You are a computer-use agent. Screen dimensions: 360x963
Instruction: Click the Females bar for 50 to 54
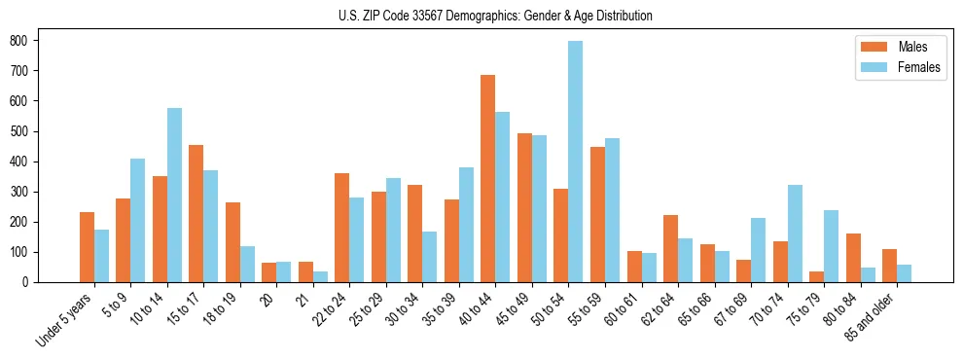point(576,162)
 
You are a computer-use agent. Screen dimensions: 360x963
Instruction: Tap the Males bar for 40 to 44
point(488,179)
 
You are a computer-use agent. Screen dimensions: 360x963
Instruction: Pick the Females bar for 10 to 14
point(174,196)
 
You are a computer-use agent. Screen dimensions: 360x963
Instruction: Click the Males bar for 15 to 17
point(196,214)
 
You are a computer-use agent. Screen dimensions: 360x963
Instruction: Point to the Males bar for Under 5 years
point(87,247)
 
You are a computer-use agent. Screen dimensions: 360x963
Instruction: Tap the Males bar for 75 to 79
point(817,277)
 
